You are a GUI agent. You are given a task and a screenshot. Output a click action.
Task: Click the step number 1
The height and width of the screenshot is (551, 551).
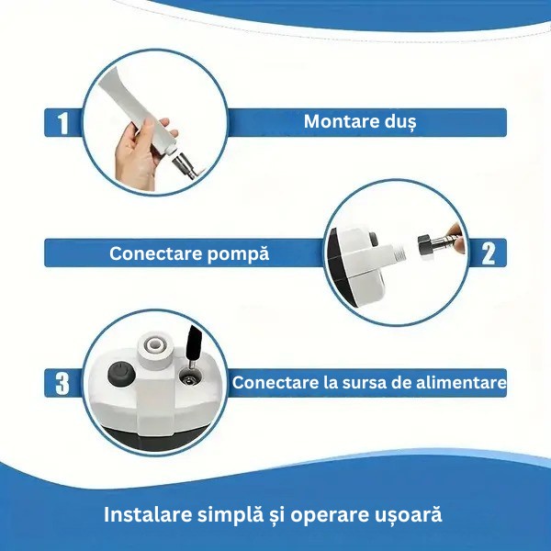[62, 123]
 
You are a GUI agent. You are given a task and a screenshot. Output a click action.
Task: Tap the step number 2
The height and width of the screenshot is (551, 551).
[489, 253]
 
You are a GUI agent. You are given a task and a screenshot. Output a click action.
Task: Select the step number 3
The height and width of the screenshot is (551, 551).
[62, 383]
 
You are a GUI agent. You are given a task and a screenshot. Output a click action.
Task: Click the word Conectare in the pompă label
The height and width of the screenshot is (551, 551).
[156, 253]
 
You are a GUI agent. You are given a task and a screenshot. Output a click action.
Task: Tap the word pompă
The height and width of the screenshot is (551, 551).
[238, 254]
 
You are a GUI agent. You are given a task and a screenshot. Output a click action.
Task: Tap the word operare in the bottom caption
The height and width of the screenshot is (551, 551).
[328, 516]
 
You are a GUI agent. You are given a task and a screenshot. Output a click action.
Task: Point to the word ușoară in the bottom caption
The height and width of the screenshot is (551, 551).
[406, 516]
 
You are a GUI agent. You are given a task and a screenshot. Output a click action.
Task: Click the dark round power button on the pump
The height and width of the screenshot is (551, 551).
[121, 374]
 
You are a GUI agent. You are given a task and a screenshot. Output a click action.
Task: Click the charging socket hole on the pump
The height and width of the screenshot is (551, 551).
[190, 379]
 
